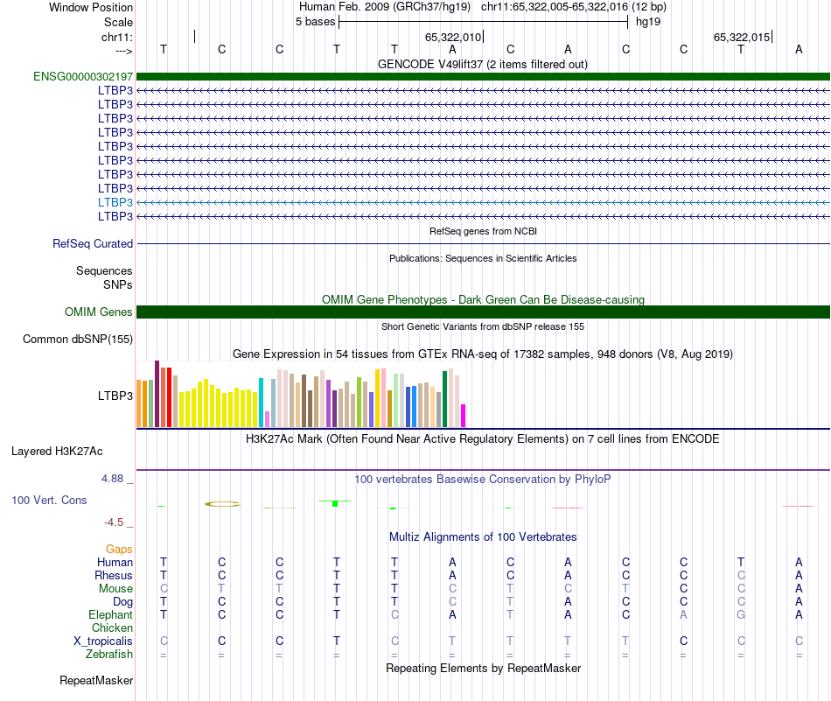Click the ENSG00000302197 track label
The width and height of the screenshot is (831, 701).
click(83, 77)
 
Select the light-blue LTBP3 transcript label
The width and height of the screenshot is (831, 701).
click(115, 202)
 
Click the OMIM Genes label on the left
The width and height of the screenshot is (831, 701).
click(99, 312)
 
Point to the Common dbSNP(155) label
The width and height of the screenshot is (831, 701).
click(78, 340)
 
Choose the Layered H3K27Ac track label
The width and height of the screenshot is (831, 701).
click(57, 452)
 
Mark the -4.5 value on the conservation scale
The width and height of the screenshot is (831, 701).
click(115, 522)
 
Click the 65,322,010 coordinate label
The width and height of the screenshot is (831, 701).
click(453, 38)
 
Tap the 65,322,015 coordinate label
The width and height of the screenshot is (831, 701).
click(742, 38)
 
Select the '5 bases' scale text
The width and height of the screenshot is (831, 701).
click(315, 21)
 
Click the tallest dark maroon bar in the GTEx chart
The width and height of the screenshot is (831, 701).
click(157, 393)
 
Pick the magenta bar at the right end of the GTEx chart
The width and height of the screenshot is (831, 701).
click(464, 416)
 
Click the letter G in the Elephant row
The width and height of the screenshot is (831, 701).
click(741, 615)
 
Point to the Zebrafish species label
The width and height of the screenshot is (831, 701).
click(109, 655)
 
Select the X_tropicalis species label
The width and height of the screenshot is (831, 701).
click(103, 641)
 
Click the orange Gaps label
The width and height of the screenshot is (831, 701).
click(119, 550)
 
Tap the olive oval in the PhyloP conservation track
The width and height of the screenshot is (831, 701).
click(222, 504)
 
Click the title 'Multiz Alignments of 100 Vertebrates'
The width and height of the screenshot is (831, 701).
click(483, 536)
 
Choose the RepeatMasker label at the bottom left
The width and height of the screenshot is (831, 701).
click(96, 680)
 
